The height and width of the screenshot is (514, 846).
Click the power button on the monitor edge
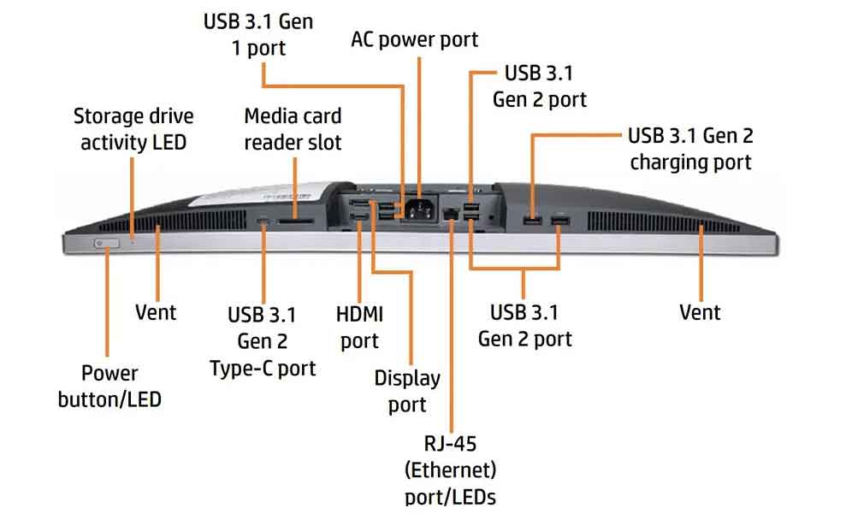(x=106, y=244)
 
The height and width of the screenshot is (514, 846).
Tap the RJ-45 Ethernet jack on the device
(x=451, y=214)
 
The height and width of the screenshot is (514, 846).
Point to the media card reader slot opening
(x=295, y=222)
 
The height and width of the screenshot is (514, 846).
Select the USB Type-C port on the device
(x=263, y=222)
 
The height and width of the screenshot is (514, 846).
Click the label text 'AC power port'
(x=414, y=39)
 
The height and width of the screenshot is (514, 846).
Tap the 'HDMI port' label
(x=359, y=328)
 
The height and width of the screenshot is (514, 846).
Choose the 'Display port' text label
(x=407, y=391)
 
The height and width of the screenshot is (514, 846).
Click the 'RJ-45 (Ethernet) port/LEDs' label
(x=451, y=470)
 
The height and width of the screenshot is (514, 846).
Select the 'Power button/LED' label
(x=109, y=387)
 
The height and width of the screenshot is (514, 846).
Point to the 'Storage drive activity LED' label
(x=133, y=129)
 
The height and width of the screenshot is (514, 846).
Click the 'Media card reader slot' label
(x=293, y=129)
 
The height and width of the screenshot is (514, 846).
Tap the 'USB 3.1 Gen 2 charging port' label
(x=690, y=149)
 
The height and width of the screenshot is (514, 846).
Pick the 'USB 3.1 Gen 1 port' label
(x=258, y=35)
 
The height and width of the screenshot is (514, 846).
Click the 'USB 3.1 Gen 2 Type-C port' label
(x=263, y=341)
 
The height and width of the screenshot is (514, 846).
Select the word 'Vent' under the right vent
(x=700, y=312)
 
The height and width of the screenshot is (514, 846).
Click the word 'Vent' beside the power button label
(x=156, y=312)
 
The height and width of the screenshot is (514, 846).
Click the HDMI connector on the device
(x=358, y=217)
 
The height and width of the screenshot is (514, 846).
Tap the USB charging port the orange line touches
(x=533, y=221)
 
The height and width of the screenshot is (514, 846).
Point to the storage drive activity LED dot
(x=133, y=236)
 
